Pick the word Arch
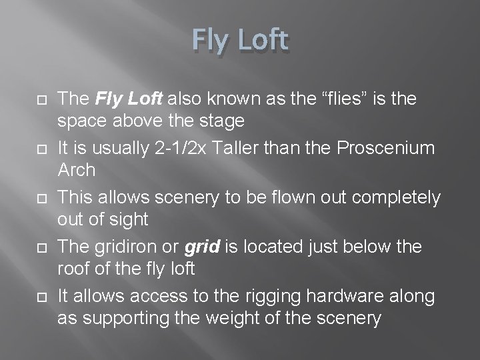[77, 169]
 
